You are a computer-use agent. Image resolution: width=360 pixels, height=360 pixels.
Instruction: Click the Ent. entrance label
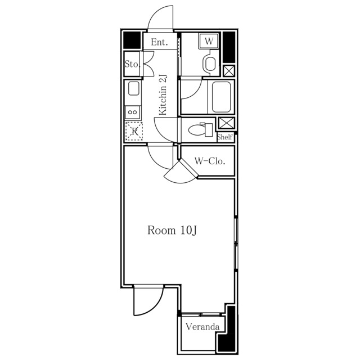159,42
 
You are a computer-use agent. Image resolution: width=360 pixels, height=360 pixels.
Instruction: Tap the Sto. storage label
132,64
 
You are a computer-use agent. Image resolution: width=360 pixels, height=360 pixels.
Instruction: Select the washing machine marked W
209,41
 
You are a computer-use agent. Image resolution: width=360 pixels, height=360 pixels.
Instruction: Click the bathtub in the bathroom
221,97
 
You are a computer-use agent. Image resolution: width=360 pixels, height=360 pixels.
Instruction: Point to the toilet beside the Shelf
201,130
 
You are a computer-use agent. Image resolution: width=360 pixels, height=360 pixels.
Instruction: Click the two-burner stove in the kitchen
133,112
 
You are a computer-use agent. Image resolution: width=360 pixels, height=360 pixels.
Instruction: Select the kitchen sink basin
134,88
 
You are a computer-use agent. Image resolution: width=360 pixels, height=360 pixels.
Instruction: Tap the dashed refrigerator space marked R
134,131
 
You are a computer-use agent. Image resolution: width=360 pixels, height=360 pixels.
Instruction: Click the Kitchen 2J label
163,95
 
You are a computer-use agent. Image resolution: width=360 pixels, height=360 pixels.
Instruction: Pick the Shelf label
225,137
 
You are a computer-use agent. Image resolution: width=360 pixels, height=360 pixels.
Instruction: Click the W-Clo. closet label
210,161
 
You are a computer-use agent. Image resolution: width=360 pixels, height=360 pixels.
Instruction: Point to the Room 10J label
172,230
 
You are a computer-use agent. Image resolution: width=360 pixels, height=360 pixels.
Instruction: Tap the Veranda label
202,326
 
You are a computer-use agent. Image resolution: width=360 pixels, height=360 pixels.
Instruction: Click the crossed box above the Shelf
226,123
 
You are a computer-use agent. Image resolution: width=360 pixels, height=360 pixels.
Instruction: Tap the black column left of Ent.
132,40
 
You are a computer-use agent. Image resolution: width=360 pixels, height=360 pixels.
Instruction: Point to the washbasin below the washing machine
210,64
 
